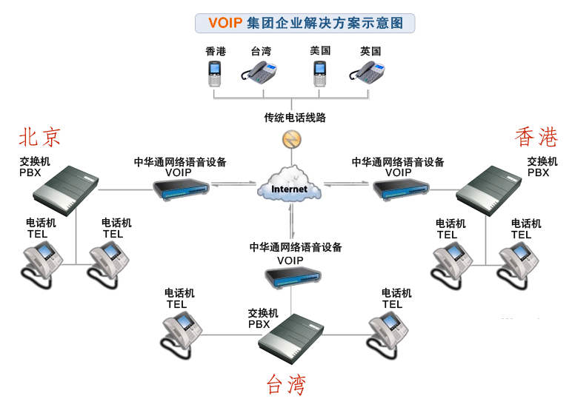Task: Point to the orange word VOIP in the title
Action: (225, 23)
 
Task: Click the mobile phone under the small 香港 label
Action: (215, 74)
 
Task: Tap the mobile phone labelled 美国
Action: (319, 74)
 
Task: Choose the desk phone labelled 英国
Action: (368, 73)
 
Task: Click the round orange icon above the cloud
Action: (290, 138)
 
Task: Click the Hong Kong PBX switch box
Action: (493, 189)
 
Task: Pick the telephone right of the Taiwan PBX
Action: (388, 330)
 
